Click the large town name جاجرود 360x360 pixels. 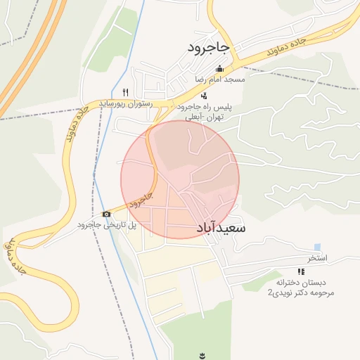209,47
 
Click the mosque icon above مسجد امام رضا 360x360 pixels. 220,69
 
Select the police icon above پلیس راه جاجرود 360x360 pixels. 204,96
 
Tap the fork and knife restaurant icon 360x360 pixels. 126,92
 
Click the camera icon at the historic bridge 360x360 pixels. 106,214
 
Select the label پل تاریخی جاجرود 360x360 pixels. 107,225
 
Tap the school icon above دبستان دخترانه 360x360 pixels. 301,271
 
